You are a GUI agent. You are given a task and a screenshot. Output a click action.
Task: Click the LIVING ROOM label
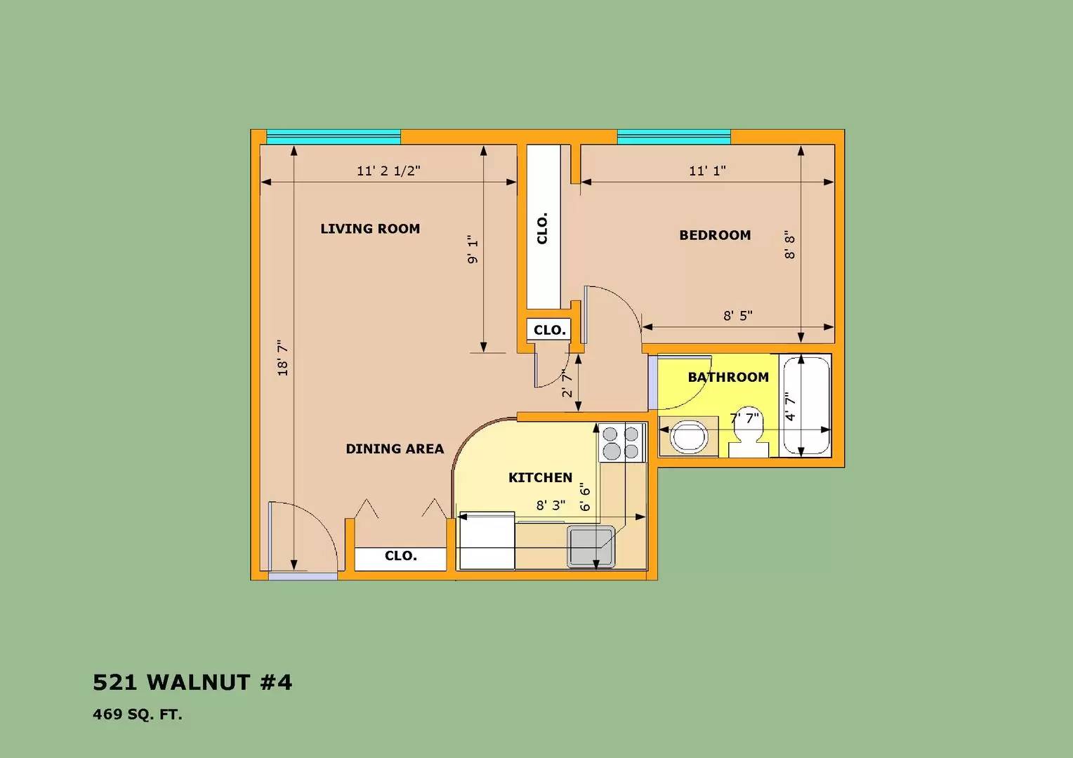[x=370, y=229]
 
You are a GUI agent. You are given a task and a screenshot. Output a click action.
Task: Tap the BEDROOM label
[x=715, y=235]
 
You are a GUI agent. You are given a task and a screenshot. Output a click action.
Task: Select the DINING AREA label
[x=395, y=448]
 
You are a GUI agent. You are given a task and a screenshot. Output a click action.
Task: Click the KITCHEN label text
[x=540, y=477]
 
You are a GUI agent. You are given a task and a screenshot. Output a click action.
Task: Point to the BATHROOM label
[x=728, y=377]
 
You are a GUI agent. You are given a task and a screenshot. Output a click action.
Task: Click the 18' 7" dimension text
[x=283, y=358]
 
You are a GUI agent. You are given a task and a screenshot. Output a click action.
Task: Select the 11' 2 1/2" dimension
[x=388, y=171]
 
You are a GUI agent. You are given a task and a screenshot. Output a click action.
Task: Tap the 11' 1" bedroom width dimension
[x=707, y=171]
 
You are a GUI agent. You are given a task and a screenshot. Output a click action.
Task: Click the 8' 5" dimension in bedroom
[x=738, y=316]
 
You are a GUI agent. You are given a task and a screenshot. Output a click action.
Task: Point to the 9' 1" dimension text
[x=473, y=250]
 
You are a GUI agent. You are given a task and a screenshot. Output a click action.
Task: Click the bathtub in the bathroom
[x=806, y=406]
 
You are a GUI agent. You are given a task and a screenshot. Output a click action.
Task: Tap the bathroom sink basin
[x=688, y=437]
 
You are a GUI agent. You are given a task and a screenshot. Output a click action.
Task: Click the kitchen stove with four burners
[x=621, y=443]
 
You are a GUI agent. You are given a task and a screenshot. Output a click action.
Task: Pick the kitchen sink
[x=591, y=547]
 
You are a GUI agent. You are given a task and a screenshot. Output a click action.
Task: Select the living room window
[x=334, y=137]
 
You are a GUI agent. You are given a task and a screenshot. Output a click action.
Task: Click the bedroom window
[x=673, y=137]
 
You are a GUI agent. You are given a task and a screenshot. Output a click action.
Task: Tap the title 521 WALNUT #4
[x=192, y=682]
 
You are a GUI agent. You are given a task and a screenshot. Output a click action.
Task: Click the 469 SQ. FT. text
[x=138, y=715]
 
